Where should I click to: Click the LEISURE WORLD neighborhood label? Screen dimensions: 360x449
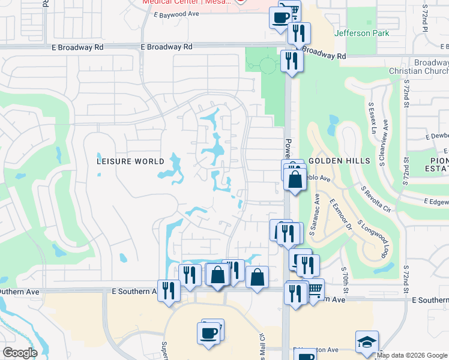(131, 161)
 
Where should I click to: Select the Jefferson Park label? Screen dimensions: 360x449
(363, 34)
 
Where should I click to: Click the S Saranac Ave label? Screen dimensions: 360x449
(315, 214)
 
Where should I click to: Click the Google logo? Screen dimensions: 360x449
(20, 353)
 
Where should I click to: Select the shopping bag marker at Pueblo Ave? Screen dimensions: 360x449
(295, 179)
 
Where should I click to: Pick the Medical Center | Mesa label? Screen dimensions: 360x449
(186, 2)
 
